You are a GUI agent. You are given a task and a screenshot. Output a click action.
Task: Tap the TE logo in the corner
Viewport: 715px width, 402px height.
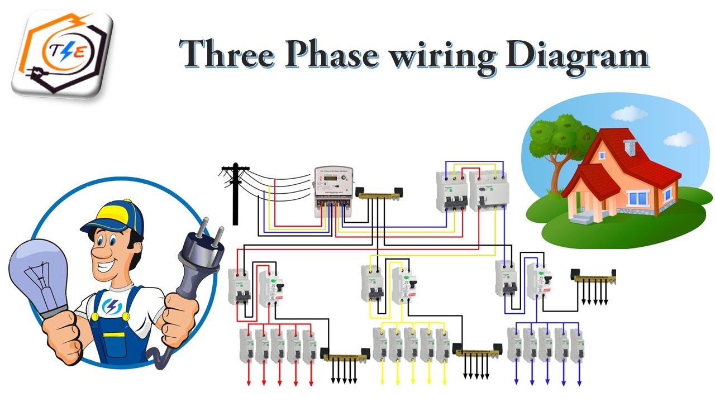point(62,53)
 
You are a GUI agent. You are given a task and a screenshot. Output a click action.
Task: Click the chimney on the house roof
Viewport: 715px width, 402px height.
point(630,146)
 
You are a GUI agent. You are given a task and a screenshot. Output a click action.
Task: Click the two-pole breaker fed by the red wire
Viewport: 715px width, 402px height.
point(240,286)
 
